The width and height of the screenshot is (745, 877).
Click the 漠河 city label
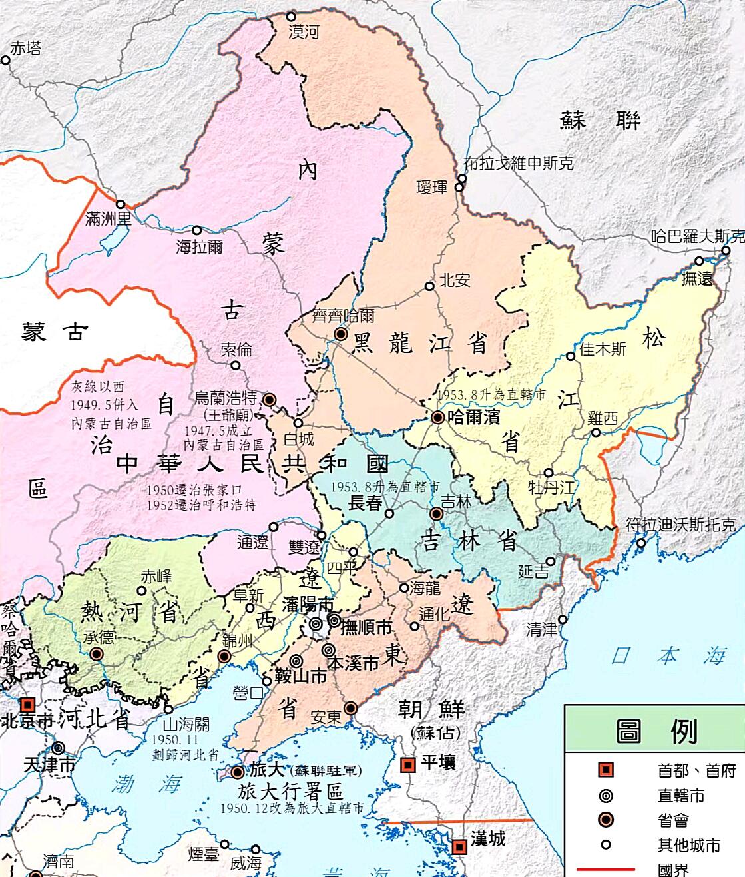[304, 32]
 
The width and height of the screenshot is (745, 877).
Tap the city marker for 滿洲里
[121, 204]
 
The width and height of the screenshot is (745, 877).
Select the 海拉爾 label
[200, 247]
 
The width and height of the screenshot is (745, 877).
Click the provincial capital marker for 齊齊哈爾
[341, 334]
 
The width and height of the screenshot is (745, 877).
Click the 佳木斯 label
[603, 348]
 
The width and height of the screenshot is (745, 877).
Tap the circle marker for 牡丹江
[548, 473]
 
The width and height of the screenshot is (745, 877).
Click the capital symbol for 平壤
[407, 764]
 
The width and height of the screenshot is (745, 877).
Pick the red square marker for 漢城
[459, 847]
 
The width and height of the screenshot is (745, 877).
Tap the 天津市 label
[49, 765]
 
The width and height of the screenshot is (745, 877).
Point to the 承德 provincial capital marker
[97, 654]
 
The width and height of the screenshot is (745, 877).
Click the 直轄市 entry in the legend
[680, 796]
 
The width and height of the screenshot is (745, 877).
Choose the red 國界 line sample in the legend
[605, 869]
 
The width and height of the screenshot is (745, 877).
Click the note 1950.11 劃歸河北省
[184, 748]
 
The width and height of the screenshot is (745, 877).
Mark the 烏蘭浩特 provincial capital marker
[269, 400]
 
